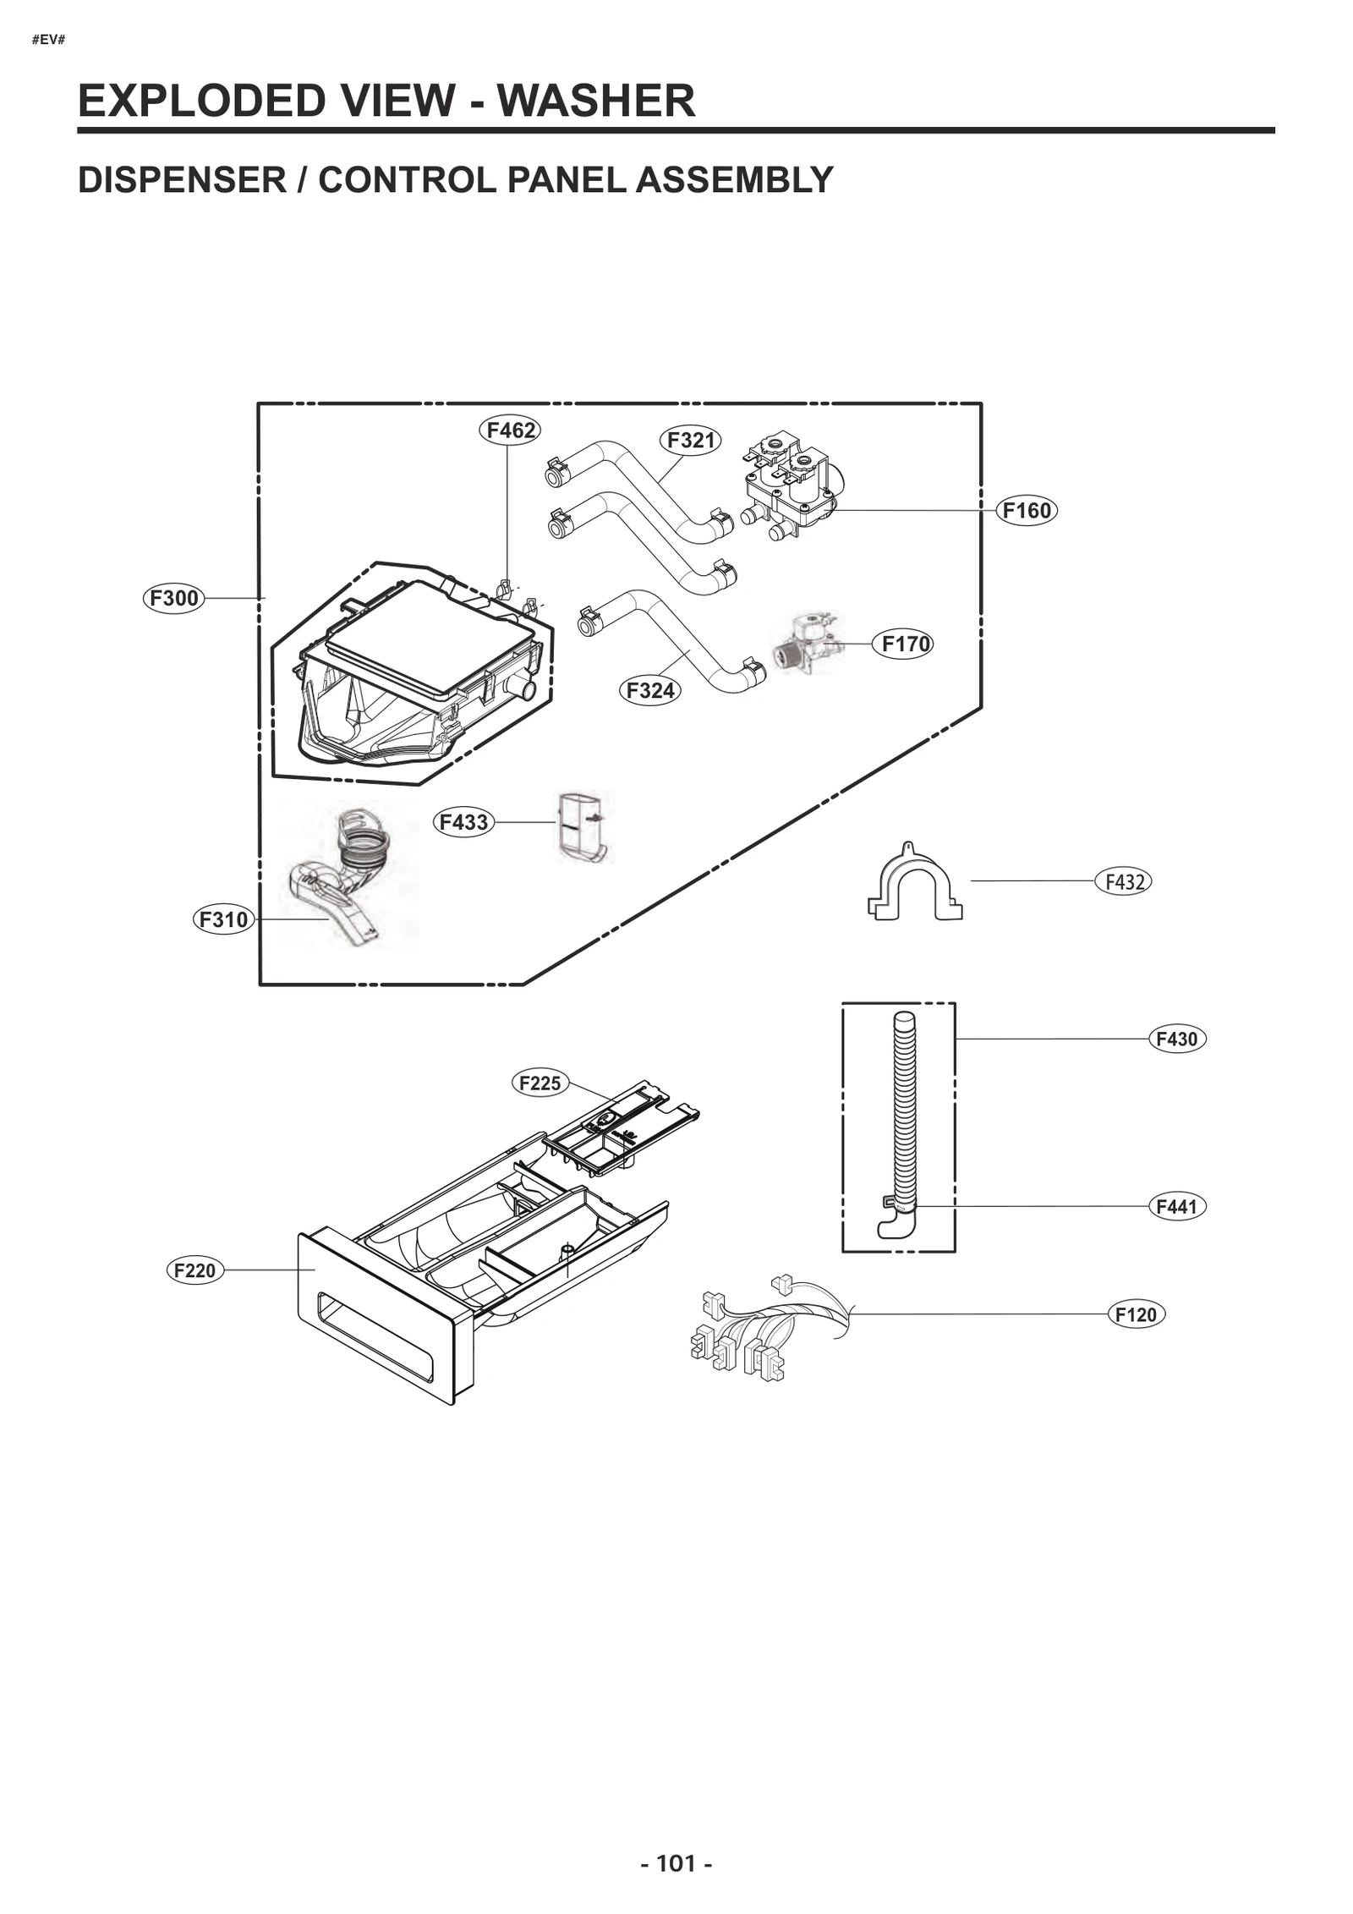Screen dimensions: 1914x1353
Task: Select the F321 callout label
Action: tap(690, 441)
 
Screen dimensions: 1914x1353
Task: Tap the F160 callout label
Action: tap(1026, 511)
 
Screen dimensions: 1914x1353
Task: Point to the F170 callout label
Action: tap(904, 644)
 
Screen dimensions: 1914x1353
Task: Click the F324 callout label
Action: tap(649, 691)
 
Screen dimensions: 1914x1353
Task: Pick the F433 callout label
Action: tap(463, 822)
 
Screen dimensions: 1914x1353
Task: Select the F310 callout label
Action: tap(223, 919)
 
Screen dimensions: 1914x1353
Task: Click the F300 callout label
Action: tap(173, 599)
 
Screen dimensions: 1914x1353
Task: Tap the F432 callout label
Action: tap(1123, 882)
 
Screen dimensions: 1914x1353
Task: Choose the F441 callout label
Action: tap(1176, 1207)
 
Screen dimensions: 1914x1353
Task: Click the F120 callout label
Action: tap(1136, 1315)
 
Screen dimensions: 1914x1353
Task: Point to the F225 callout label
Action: tap(540, 1083)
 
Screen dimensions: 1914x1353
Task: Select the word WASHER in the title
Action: tap(595, 101)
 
